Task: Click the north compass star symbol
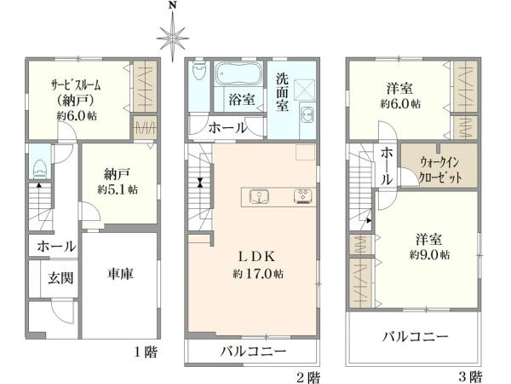coord(172,38)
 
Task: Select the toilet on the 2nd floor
coord(198,70)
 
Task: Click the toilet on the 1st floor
coord(40,169)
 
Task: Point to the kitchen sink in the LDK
coord(259,197)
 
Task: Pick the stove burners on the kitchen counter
coord(303,197)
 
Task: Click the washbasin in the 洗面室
coord(307,114)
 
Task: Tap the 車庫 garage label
coord(120,274)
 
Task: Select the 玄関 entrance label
coord(60,278)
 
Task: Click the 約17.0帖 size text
coord(258,274)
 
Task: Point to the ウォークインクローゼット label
coord(439,170)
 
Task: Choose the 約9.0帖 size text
coord(429,254)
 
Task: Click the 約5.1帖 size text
coord(118,189)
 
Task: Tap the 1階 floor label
coord(146,352)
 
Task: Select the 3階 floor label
coord(470,376)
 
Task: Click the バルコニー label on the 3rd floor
coord(415,336)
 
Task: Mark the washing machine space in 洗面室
coord(304,89)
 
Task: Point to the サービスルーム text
coord(76,85)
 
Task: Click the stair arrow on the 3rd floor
coord(369,220)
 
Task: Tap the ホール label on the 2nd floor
coord(227,128)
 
